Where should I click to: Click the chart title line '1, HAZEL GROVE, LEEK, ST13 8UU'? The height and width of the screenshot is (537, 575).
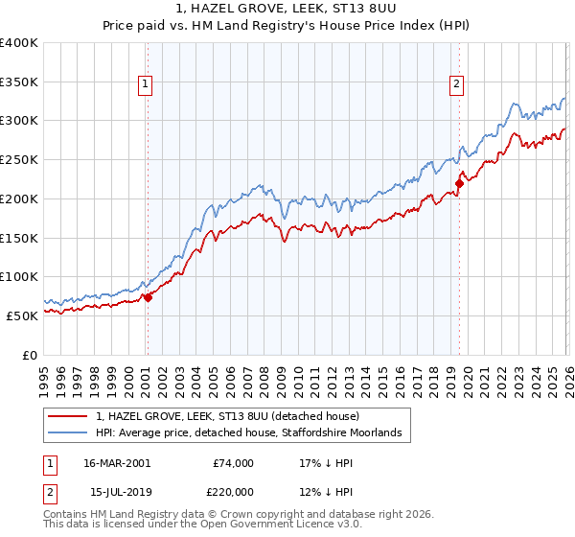tap(287, 9)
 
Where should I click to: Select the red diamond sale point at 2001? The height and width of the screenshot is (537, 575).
tap(148, 297)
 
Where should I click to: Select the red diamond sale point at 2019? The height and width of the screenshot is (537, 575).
tap(459, 182)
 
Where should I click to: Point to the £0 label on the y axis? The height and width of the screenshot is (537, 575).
tap(31, 355)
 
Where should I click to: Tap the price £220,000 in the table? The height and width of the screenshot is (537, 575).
tap(233, 492)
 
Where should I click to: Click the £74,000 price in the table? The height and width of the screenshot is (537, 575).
tap(233, 462)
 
